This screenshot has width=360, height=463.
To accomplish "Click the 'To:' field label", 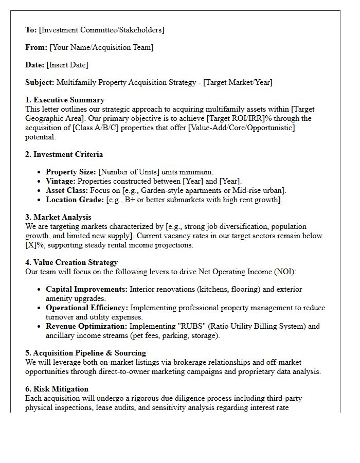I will [31, 30].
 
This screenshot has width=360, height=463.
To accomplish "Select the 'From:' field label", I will [37, 47].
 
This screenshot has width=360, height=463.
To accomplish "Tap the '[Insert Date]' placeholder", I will [67, 65].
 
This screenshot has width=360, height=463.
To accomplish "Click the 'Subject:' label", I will [40, 82].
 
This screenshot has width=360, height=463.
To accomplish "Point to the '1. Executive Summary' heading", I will [65, 100].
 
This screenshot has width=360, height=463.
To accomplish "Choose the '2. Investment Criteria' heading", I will [64, 154].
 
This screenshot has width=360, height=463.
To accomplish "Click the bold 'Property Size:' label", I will [71, 172].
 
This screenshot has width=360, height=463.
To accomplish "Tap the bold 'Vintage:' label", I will [61, 181].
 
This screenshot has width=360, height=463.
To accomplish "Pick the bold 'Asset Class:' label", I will [67, 190].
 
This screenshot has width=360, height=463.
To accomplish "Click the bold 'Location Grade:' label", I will [75, 200].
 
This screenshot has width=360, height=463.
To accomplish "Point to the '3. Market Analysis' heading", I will [59, 217].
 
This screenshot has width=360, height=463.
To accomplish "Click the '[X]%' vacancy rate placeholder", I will [33, 245].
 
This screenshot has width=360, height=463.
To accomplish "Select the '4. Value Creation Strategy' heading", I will [72, 262].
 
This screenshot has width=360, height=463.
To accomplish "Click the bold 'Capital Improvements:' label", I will [86, 289].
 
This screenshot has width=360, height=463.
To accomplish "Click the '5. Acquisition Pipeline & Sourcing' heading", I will [86, 353].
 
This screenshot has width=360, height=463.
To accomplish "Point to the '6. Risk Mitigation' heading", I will [57, 389].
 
